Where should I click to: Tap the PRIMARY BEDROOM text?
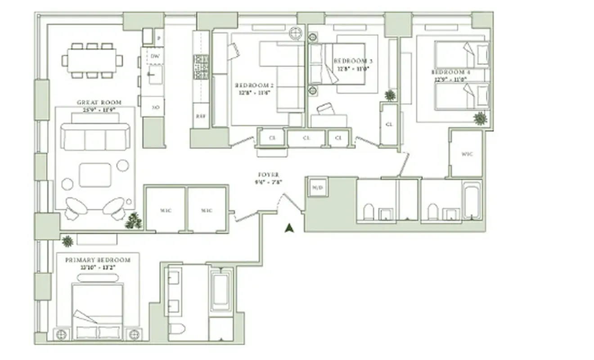point(98,260)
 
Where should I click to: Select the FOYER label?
point(268,175)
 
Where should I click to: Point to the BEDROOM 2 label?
point(254,85)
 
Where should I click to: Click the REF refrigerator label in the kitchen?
point(200,116)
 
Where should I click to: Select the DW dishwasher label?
point(155,56)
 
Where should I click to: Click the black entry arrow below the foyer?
point(289,228)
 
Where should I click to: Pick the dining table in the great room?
point(92,60)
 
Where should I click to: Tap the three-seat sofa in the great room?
point(95,137)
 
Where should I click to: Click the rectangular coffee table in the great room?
point(95,175)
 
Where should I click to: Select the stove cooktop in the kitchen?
point(201,67)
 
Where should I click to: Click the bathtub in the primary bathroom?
point(221,290)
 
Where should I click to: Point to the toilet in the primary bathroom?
point(176,330)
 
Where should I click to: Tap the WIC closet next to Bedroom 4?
point(467,154)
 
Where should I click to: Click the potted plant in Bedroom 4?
point(480,118)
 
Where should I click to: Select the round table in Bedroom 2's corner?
point(296,34)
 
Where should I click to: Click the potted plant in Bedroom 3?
point(390,95)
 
